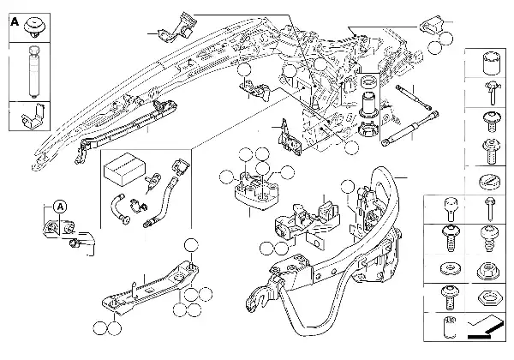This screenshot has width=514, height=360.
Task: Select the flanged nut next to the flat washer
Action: [486, 267]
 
